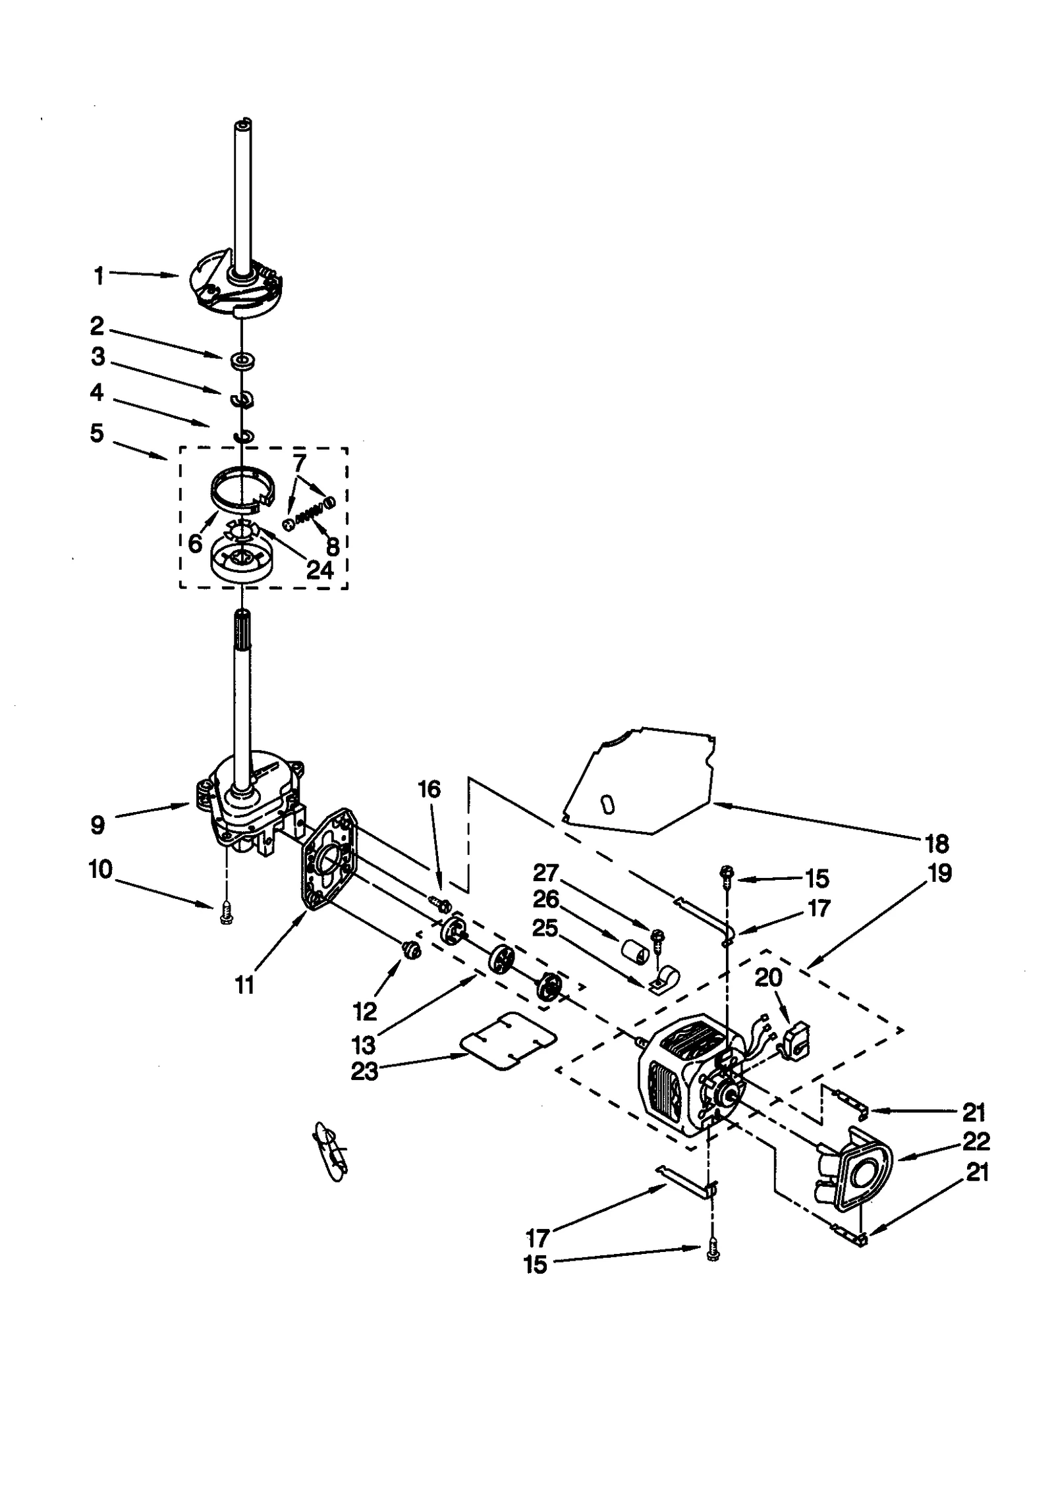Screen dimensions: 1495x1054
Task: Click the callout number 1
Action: [99, 275]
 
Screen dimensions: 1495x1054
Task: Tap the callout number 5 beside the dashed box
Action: [97, 433]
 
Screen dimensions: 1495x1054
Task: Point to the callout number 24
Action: [320, 570]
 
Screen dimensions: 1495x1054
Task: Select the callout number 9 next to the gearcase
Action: [97, 825]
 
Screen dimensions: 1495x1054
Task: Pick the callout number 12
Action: [364, 1010]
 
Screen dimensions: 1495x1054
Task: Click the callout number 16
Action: [429, 788]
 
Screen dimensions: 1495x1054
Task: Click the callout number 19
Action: [940, 873]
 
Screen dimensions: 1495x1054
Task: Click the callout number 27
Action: [545, 873]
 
